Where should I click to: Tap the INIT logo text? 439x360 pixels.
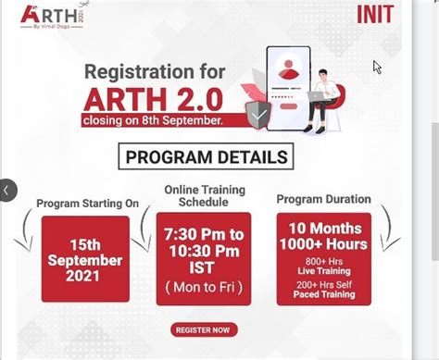coord(374,14)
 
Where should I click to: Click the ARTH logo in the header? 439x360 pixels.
coord(45,16)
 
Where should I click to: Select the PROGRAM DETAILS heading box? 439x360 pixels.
coord(207,155)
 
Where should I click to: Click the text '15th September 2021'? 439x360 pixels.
coord(85,260)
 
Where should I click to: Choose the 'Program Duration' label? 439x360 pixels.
coord(323,199)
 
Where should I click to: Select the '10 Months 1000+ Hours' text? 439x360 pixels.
coord(324,237)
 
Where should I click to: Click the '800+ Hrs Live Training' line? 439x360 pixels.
coord(324,266)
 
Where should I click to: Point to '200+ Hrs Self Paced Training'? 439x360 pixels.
coord(324,289)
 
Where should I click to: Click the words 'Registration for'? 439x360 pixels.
coord(154,71)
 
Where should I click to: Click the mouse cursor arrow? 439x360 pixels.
coord(377,67)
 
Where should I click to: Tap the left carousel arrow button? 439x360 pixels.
coord(7,190)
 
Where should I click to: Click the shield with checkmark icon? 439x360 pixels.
coord(258,114)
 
